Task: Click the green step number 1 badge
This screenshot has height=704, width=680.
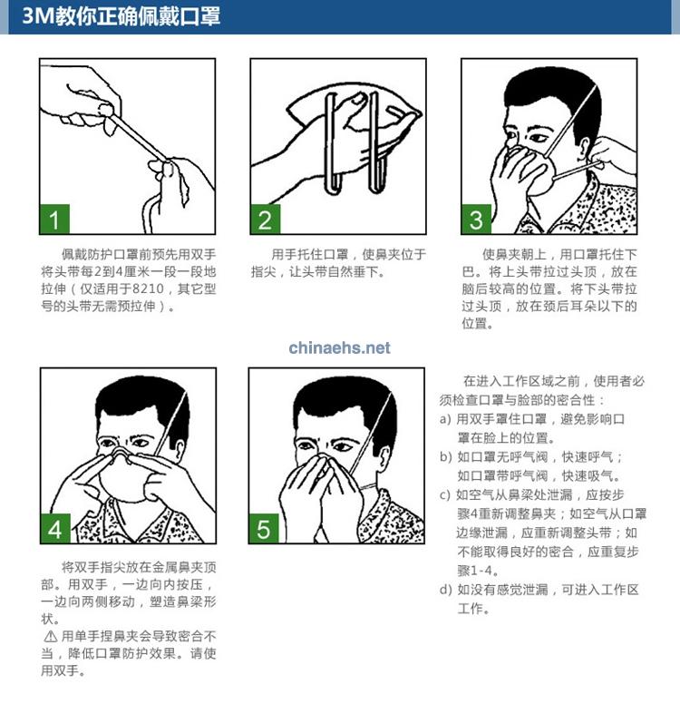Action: coord(55,220)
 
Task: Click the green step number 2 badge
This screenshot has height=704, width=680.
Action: coord(265,220)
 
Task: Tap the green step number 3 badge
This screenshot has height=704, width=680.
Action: coord(476,220)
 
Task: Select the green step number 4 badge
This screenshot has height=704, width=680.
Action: coord(55,528)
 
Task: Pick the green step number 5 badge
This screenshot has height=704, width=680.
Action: coord(265,528)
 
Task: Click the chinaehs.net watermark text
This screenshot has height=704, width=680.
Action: coord(339,347)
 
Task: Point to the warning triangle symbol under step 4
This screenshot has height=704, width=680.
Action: coord(50,636)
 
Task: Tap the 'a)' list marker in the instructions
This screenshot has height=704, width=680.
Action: coord(445,419)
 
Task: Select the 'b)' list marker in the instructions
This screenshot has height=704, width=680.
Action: coord(445,457)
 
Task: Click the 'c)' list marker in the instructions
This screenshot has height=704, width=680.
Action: coord(445,495)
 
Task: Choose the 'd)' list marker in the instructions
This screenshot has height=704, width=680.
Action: coord(445,590)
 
